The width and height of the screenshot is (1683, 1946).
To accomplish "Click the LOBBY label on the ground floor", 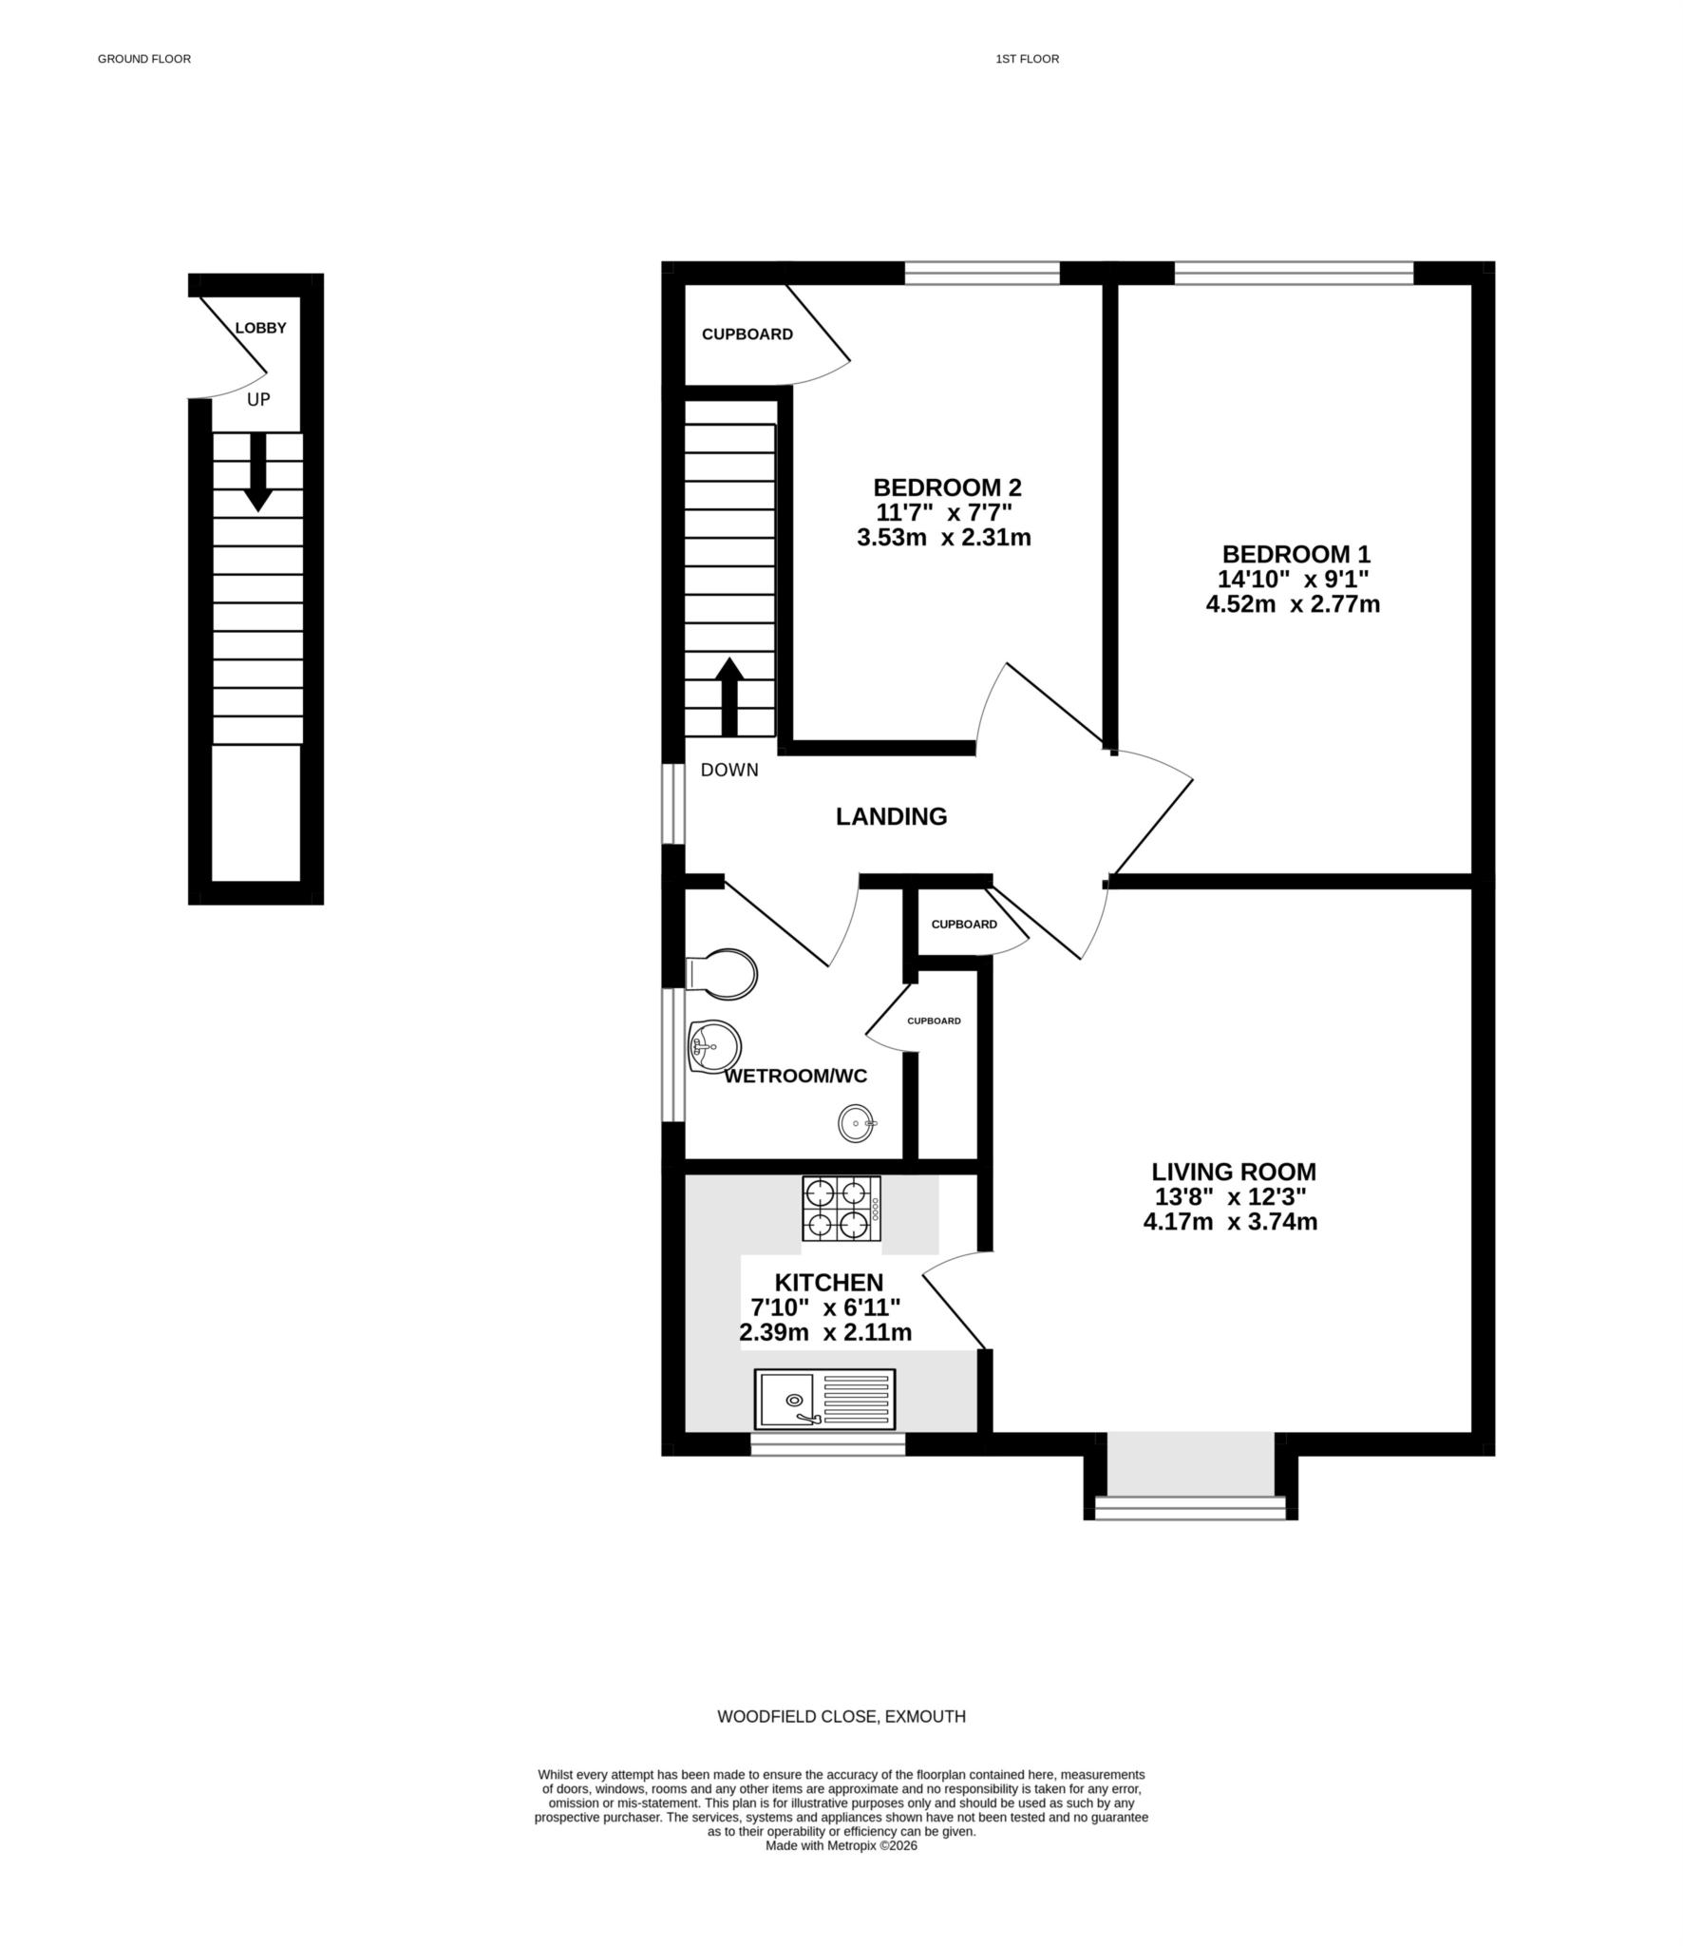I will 260,328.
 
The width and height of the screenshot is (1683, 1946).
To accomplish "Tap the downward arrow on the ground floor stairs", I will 258,472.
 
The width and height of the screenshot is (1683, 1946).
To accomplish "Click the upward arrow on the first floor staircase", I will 728,696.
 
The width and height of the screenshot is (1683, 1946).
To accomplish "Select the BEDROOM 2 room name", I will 947,487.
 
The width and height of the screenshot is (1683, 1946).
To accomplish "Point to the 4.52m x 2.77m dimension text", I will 1292,603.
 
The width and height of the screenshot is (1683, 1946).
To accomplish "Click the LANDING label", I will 891,815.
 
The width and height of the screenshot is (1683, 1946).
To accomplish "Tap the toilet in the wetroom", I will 724,973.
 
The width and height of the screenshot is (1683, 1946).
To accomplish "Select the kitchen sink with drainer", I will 824,1399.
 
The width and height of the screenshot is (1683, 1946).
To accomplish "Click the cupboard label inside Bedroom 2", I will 747,334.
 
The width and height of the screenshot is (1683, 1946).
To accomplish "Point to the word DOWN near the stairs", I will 729,770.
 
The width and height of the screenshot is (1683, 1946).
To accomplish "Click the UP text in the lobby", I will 258,400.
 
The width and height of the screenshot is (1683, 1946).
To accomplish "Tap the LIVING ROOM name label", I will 1233,1172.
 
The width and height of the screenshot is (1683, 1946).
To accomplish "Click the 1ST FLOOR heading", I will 1027,59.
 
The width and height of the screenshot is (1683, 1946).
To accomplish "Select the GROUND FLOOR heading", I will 144,59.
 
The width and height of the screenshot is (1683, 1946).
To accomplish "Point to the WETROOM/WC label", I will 795,1076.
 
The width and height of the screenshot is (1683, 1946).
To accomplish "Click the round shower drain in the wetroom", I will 856,1123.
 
